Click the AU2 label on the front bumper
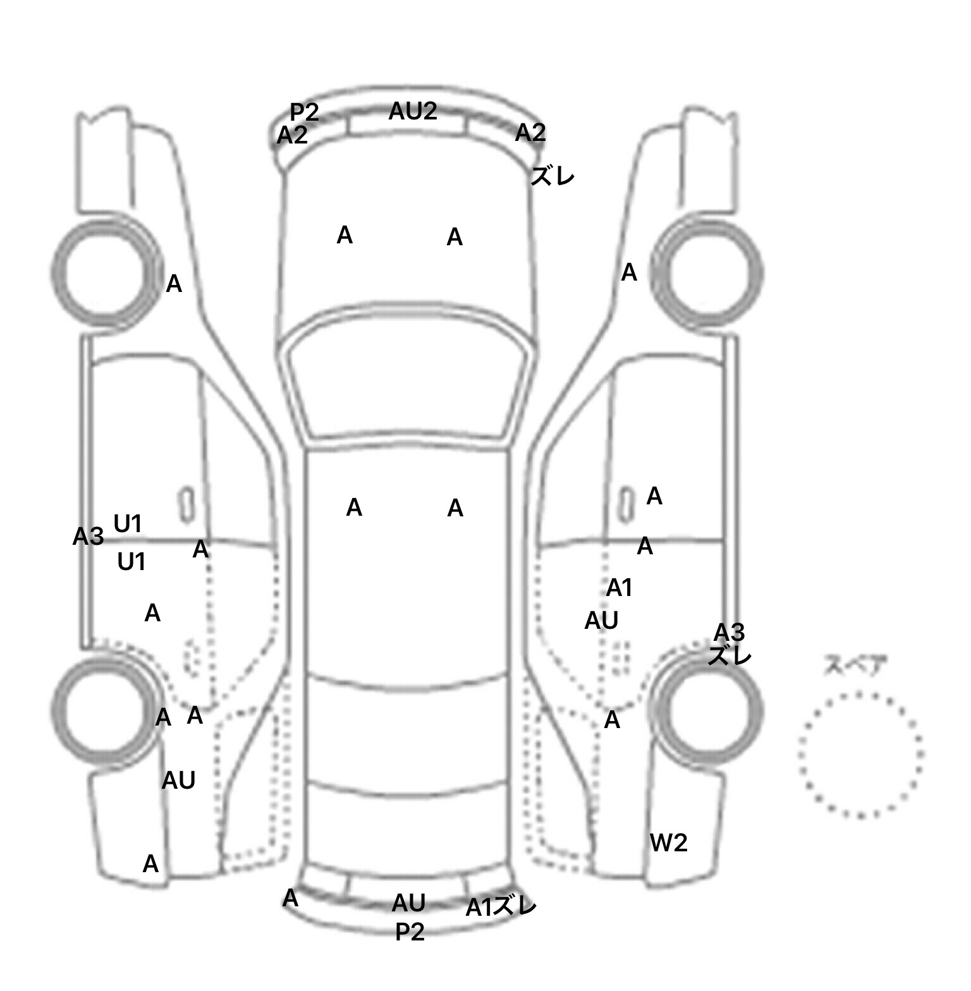[x=412, y=111]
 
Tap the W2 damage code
[x=668, y=842]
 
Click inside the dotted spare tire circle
[x=860, y=755]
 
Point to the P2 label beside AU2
[x=304, y=112]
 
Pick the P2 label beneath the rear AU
[x=410, y=932]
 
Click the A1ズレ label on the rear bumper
[x=501, y=907]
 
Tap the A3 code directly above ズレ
[x=729, y=632]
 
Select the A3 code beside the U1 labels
[x=88, y=537]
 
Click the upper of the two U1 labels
[x=128, y=523]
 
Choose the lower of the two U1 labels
[x=131, y=561]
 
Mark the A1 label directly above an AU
[x=619, y=588]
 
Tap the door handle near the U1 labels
[x=186, y=505]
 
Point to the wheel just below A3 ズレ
[x=707, y=708]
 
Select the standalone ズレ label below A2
[x=553, y=176]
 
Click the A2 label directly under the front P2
[x=292, y=135]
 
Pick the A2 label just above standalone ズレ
[x=530, y=133]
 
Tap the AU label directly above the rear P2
[x=408, y=903]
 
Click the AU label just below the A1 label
[x=601, y=621]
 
